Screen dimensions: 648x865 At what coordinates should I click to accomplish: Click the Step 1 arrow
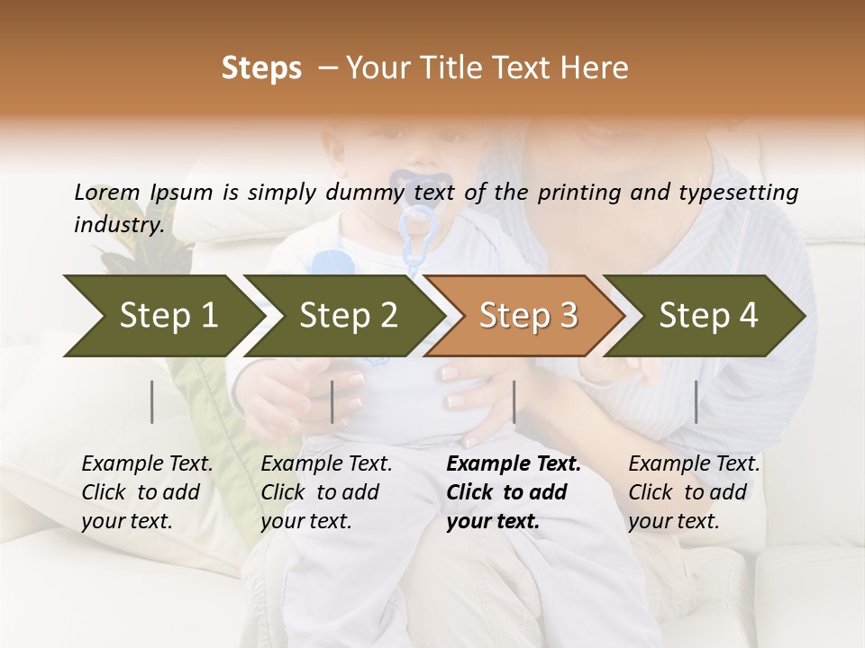pos(162,316)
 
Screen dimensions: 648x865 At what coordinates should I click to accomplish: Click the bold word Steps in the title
pos(261,68)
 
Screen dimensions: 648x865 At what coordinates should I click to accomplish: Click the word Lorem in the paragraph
pos(106,192)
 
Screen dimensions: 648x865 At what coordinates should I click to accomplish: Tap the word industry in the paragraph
pos(118,224)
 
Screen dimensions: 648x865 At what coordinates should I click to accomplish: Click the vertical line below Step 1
pos(151,401)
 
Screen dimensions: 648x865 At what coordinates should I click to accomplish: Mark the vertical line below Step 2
pos(332,401)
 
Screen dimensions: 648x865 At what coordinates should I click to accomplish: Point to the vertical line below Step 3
pos(514,401)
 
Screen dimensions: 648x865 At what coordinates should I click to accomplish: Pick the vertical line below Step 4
pos(696,401)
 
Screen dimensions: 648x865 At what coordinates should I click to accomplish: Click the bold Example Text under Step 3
pos(514,464)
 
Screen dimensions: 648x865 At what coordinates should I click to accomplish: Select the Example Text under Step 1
pos(148,464)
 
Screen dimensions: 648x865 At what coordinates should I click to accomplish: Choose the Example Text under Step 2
pos(327,464)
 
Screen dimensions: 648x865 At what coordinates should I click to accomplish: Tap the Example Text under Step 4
pos(695,464)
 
